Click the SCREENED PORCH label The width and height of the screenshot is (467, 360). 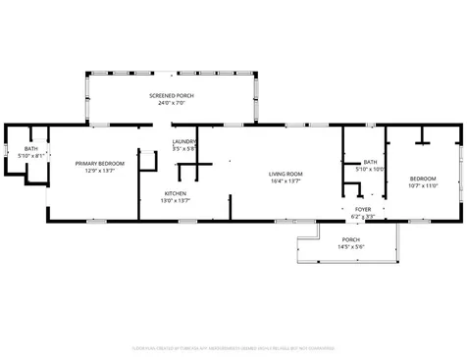(x=172, y=95)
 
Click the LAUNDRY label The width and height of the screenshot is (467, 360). (x=184, y=141)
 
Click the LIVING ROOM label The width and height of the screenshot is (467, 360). (x=285, y=174)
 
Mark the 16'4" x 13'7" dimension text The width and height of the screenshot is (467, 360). (x=285, y=180)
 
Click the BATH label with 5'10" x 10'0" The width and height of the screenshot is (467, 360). (x=370, y=162)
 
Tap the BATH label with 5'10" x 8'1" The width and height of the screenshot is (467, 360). (x=31, y=148)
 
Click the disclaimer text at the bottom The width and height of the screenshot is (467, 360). (x=233, y=347)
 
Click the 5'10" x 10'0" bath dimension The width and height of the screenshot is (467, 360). (x=370, y=169)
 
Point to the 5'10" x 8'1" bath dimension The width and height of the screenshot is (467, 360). (x=31, y=155)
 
